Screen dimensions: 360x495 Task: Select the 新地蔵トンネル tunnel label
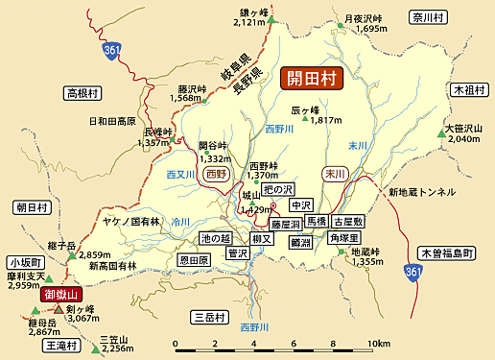[422, 192]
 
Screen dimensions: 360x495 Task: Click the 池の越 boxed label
[217, 237]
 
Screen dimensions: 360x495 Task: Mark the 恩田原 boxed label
[195, 260]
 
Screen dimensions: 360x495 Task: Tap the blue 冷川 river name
[181, 221]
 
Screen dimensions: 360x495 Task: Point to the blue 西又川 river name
[180, 175]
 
